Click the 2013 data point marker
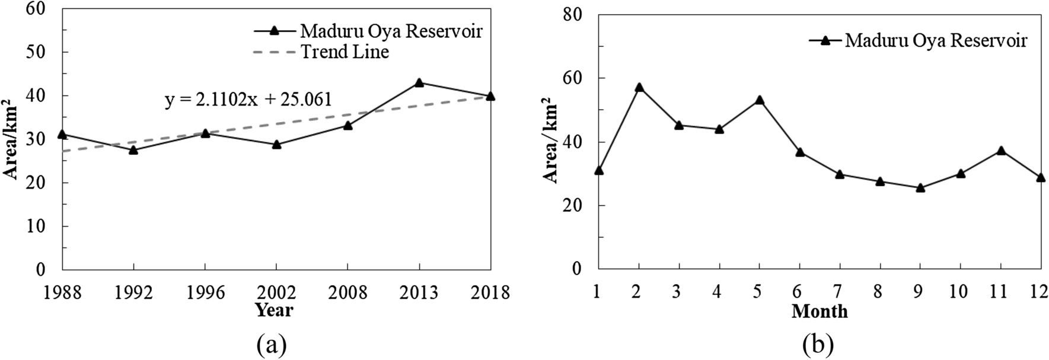419,83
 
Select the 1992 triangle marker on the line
133,150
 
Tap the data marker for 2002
276,144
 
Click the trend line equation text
248,100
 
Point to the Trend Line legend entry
345,52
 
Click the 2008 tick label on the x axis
347,292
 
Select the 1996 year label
205,292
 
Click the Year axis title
274,310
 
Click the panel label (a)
272,344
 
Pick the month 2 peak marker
639,87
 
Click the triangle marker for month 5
760,100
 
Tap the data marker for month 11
1001,151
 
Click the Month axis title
820,311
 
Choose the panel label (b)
819,344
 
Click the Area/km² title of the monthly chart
550,142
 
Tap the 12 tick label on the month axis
1040,292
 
